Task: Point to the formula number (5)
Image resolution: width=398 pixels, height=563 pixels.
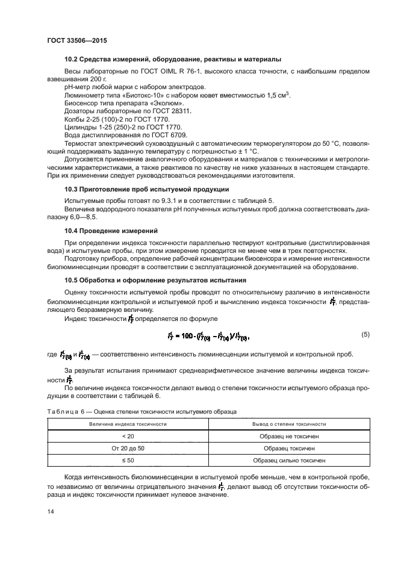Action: point(365,334)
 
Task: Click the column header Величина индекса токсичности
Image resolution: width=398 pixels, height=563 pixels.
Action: point(128,424)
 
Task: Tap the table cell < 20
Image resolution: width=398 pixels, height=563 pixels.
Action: point(128,436)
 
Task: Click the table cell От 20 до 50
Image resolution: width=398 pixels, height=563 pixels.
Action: point(128,448)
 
